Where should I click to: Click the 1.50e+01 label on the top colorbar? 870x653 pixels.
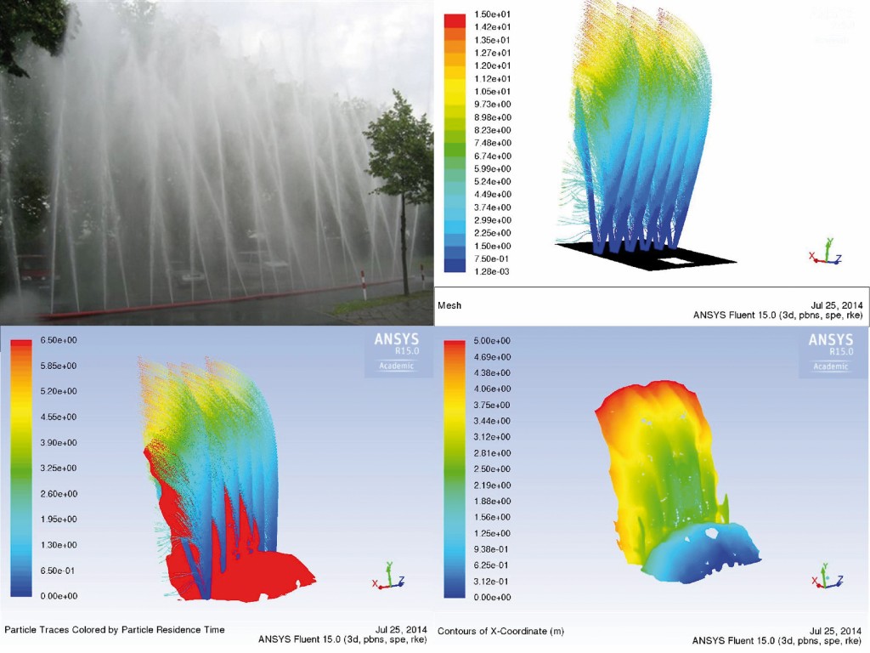click(492, 14)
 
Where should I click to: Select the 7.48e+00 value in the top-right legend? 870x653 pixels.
click(493, 143)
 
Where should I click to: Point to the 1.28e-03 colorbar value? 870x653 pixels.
click(492, 271)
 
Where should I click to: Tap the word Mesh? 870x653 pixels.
click(449, 305)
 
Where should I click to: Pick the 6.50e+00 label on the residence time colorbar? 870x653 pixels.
click(59, 340)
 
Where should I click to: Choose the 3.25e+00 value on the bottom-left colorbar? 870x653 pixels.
click(59, 468)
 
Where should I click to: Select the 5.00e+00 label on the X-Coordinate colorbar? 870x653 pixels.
click(492, 341)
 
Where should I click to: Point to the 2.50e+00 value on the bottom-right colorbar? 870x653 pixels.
click(492, 469)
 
